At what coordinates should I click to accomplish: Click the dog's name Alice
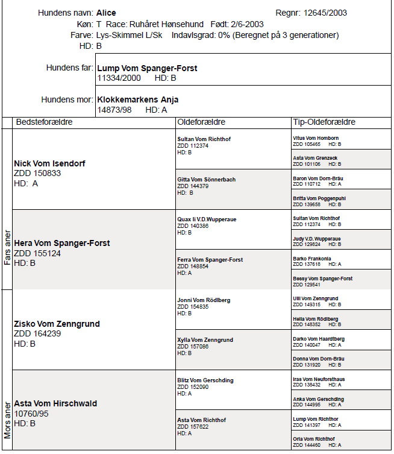click(x=106, y=13)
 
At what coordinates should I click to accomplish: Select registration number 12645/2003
click(x=325, y=13)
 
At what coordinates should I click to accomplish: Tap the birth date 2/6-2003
click(x=248, y=24)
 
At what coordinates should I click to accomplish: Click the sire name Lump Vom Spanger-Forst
click(x=147, y=68)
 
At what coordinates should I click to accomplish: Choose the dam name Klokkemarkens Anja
click(x=137, y=99)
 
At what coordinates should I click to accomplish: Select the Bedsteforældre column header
click(x=44, y=122)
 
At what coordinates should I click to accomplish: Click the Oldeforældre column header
click(x=201, y=122)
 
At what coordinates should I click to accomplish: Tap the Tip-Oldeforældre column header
click(x=324, y=122)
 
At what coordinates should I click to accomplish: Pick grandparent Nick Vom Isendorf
click(x=49, y=163)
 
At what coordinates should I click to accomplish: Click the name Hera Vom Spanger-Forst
click(x=61, y=243)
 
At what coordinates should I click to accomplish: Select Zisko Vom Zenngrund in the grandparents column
click(x=57, y=324)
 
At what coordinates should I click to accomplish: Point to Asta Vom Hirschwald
click(x=55, y=403)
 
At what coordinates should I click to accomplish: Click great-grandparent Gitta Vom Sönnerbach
click(x=206, y=179)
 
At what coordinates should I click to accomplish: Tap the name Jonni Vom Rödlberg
click(x=203, y=300)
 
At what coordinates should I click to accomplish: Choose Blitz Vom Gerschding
click(x=205, y=380)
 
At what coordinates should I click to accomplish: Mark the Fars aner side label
click(x=7, y=247)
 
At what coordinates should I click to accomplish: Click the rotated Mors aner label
click(x=7, y=416)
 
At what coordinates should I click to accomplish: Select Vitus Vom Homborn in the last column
click(x=315, y=138)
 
